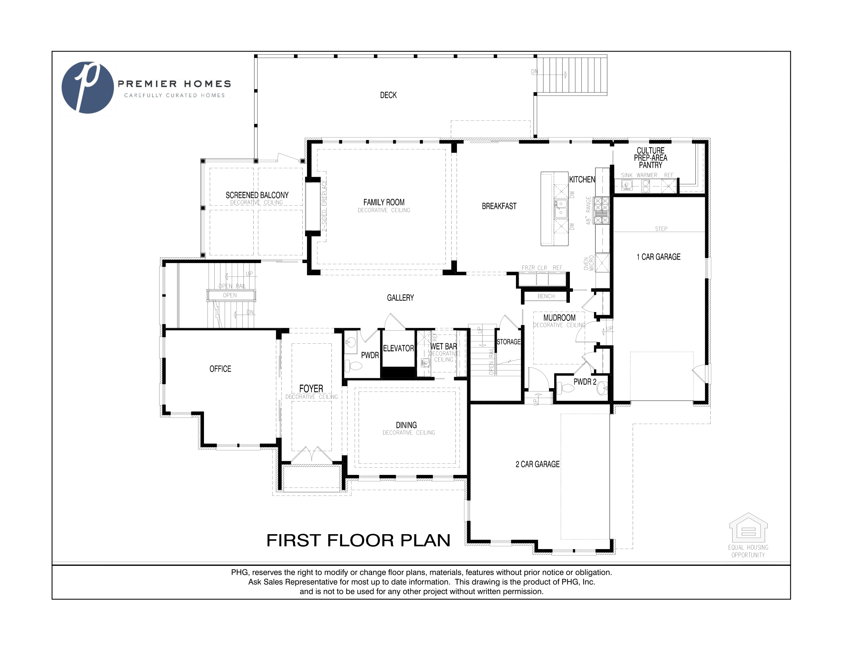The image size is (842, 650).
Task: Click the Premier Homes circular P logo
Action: [x=88, y=88]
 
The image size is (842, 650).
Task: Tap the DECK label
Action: [x=388, y=95]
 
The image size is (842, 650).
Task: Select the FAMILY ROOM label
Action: [x=383, y=202]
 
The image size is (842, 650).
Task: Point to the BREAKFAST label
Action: [x=499, y=206]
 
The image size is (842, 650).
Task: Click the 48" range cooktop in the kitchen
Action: [x=601, y=211]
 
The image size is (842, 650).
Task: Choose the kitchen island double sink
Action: [x=561, y=208]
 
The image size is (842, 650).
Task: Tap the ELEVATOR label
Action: [x=398, y=348]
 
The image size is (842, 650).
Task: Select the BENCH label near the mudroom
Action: [x=546, y=296]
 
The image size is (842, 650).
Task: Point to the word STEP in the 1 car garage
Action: [x=661, y=229]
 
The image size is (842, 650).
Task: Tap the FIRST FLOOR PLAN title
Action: [x=358, y=540]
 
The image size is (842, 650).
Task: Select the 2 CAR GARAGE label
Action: [x=537, y=465]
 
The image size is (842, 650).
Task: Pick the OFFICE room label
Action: [x=220, y=369]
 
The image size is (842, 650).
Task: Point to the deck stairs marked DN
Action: [x=572, y=75]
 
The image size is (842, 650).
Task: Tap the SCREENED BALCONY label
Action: [x=257, y=195]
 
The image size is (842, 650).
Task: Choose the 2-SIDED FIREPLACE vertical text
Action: [x=324, y=206]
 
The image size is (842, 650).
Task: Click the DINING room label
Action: [x=406, y=425]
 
